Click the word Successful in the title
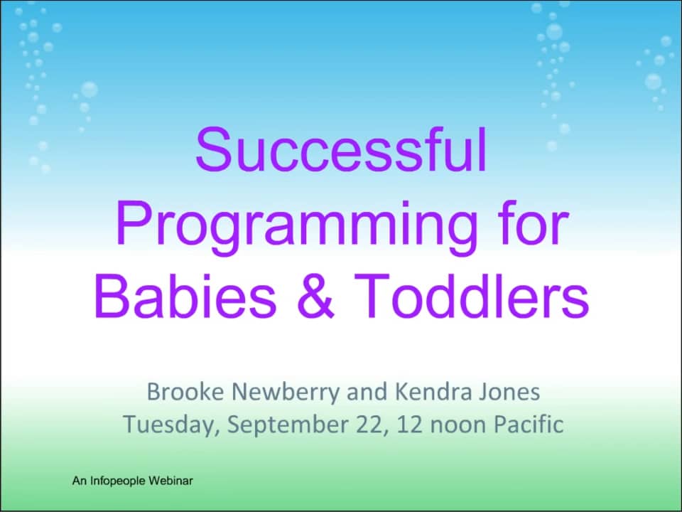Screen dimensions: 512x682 coord(342,151)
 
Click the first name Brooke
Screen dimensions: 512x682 coord(182,391)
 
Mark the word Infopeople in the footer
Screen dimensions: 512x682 coord(116,481)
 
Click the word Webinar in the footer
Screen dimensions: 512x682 coord(170,481)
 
